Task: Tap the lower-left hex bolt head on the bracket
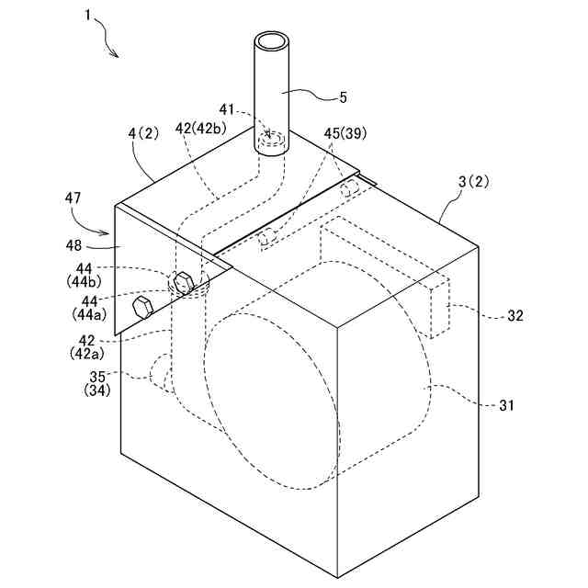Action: [x=142, y=306]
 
